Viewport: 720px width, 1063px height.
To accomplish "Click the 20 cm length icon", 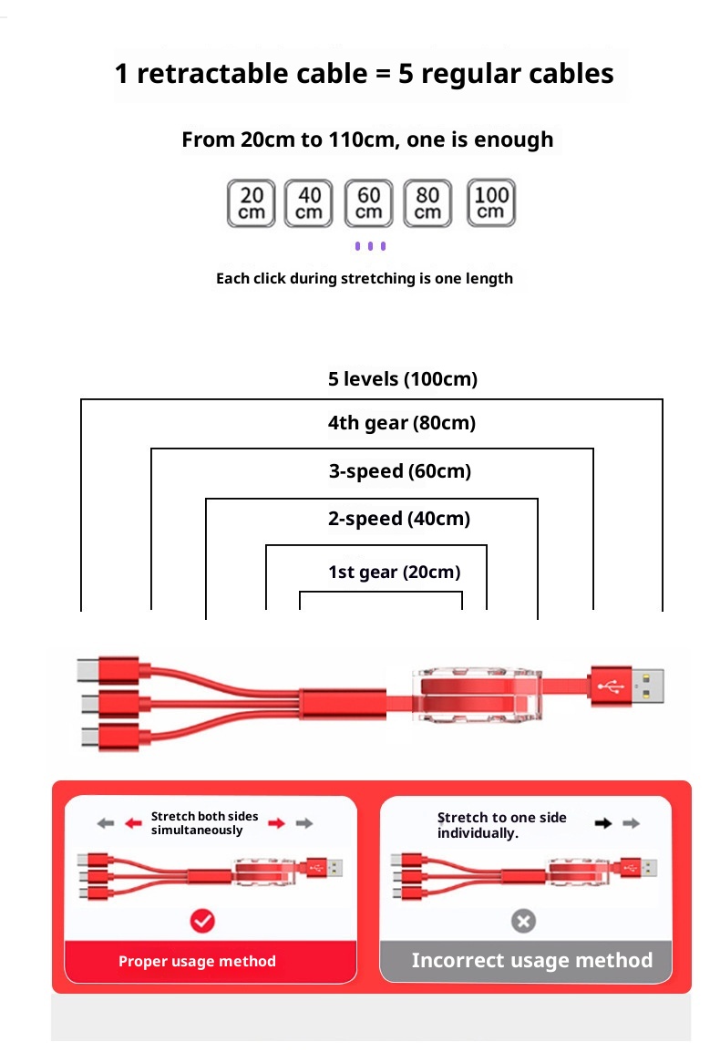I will (x=251, y=203).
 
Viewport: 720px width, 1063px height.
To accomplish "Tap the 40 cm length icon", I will (x=309, y=203).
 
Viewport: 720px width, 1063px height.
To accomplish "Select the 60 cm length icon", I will (x=368, y=203).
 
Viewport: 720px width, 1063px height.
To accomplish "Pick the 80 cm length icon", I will (x=427, y=203).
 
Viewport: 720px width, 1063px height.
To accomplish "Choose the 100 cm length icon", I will (x=490, y=202).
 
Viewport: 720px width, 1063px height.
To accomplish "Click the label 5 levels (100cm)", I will (x=403, y=378).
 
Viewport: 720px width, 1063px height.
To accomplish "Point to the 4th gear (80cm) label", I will (x=402, y=423).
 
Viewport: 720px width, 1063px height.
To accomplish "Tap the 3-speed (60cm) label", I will (x=400, y=471).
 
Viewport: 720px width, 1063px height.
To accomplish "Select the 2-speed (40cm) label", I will (x=399, y=519).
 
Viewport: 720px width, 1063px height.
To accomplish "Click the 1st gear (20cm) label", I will (x=395, y=573).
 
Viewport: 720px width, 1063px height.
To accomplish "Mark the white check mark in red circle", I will (x=202, y=921).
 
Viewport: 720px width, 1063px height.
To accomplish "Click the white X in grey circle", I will (x=523, y=922).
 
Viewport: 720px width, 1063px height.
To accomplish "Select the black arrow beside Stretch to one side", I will (x=603, y=823).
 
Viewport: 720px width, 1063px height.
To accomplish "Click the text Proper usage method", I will (x=197, y=961).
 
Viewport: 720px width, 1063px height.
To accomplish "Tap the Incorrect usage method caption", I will (x=532, y=960).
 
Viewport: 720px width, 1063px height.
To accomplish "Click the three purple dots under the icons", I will (x=370, y=246).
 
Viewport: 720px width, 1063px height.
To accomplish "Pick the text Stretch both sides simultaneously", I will (x=204, y=823).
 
